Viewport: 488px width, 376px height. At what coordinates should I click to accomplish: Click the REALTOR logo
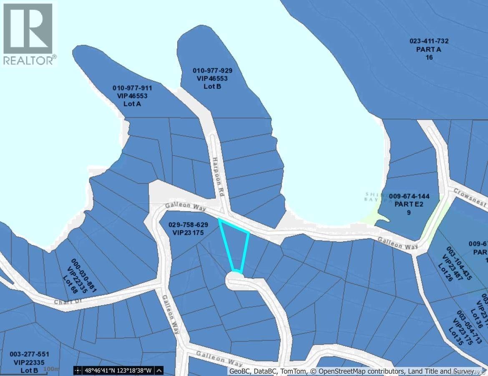click(x=28, y=33)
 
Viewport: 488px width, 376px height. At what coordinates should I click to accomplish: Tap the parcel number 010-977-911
click(x=132, y=88)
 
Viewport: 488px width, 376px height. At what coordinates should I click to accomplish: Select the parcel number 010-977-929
click(x=212, y=71)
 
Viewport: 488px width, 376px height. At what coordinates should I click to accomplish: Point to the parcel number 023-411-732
click(x=429, y=41)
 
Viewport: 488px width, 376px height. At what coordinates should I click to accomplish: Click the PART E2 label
click(x=409, y=204)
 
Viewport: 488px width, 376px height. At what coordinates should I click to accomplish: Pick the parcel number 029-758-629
click(x=188, y=224)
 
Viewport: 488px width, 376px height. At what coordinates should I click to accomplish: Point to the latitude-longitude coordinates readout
click(x=118, y=370)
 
